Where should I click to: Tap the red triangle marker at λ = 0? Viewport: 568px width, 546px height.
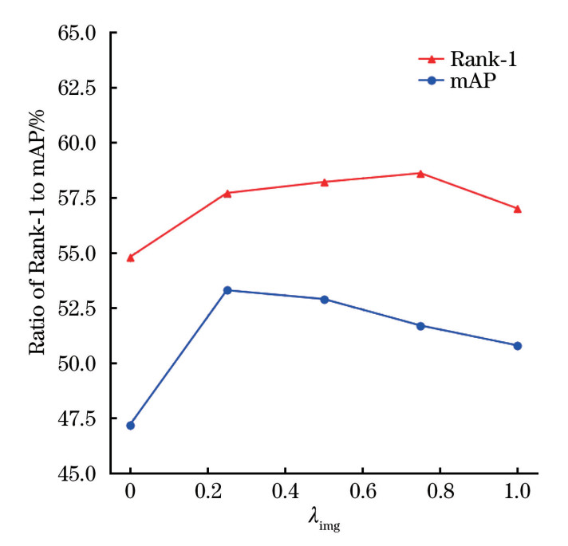[x=131, y=257]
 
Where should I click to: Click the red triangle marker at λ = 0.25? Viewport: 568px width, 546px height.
[x=227, y=193]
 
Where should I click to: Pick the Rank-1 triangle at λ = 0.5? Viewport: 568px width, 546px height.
[x=325, y=182]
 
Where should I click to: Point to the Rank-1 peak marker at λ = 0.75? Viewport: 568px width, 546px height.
[x=420, y=173]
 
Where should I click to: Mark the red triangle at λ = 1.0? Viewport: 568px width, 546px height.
[x=518, y=209]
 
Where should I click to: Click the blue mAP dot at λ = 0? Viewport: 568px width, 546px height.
[x=131, y=425]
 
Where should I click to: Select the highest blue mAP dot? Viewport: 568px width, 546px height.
[x=227, y=290]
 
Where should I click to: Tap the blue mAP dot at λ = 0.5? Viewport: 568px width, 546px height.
[x=325, y=299]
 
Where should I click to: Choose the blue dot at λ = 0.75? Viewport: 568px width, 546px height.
[x=420, y=325]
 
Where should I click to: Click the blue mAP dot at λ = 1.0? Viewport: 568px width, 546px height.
[x=518, y=345]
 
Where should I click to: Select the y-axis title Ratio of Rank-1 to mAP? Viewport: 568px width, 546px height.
[x=37, y=253]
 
